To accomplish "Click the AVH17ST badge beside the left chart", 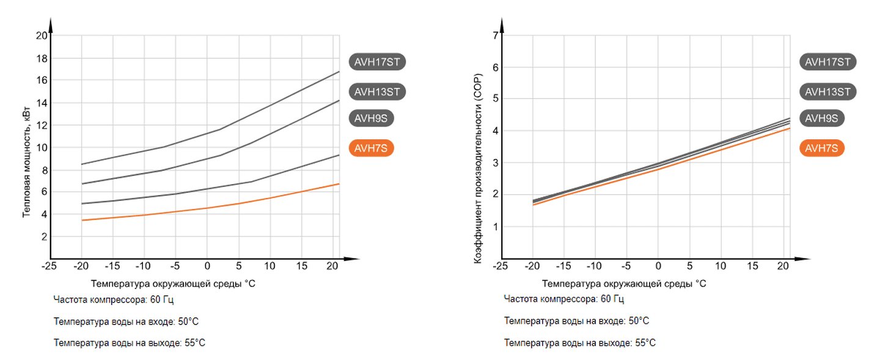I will click(x=378, y=62).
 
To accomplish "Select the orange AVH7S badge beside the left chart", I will click(x=371, y=148).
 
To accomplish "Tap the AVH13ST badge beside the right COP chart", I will click(x=828, y=92).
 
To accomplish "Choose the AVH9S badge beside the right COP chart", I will click(x=821, y=118).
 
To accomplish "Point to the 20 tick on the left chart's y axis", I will click(x=42, y=35).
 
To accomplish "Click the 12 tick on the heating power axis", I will click(x=42, y=125).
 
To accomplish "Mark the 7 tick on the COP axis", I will click(x=495, y=35).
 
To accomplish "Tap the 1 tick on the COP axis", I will click(x=495, y=227).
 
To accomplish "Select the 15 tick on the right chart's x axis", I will click(x=753, y=266).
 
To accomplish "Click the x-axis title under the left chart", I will click(x=173, y=284).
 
